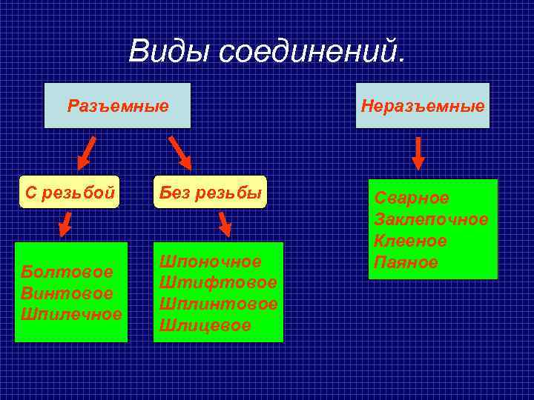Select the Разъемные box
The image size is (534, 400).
pos(118,105)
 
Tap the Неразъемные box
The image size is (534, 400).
pos(423,105)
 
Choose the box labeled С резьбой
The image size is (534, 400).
pos(70,193)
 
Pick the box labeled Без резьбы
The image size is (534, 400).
pos(209,193)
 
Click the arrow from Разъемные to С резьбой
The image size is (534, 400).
pos(87,152)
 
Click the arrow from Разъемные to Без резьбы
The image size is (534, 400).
pos(180,153)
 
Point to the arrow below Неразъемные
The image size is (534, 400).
pos(418,153)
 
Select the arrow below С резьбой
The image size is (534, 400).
pos(66,224)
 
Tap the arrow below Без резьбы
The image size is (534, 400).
pos(224,224)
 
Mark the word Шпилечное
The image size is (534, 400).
pos(71,313)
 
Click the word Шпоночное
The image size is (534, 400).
pos(211,261)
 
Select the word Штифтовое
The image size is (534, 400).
pos(218,282)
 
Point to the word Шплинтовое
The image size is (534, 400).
pos(219,304)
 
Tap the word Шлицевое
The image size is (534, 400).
pos(205,324)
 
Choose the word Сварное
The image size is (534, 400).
pos(412,199)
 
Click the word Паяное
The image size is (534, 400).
pos(406,262)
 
